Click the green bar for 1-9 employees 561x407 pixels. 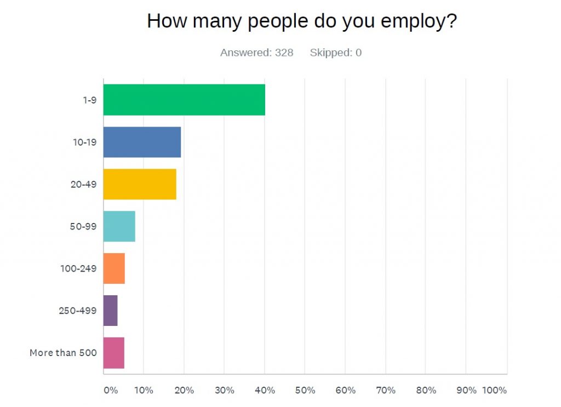[x=184, y=100]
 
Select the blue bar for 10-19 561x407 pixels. [x=142, y=142]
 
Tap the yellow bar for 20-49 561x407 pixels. [x=140, y=184]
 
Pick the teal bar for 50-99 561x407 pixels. [x=119, y=226]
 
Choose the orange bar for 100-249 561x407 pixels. [x=114, y=268]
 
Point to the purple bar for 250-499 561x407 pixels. [x=110, y=311]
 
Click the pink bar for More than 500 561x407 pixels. [x=114, y=353]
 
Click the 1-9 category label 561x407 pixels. [x=88, y=100]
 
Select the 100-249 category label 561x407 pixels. [x=79, y=268]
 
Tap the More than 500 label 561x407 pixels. [x=63, y=353]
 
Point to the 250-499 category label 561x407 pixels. [x=78, y=311]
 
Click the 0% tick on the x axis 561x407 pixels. [x=110, y=391]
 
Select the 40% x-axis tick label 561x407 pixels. [x=265, y=391]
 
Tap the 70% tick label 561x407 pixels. [x=386, y=391]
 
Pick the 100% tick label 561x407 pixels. [x=495, y=391]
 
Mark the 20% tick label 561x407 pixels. [x=184, y=391]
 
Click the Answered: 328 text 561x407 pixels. [x=256, y=53]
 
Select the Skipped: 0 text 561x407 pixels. [x=335, y=53]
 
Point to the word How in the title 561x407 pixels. [x=165, y=21]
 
